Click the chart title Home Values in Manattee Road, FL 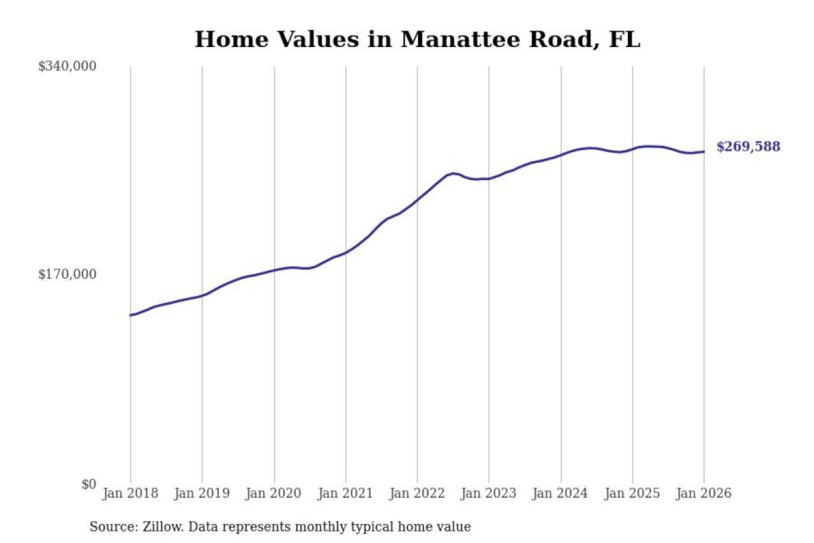tap(417, 40)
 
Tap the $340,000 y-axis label tap(67, 66)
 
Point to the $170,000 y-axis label tap(67, 274)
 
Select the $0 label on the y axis tap(89, 484)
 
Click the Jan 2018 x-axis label tap(130, 493)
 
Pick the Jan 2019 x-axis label tap(202, 493)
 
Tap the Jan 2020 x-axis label tap(274, 493)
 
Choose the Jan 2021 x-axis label tap(345, 493)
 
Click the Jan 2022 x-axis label tap(417, 493)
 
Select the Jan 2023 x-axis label tap(489, 493)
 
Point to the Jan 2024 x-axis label tap(560, 493)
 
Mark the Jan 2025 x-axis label tap(632, 493)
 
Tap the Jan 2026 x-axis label tap(704, 493)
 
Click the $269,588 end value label tap(748, 146)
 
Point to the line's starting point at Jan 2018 tap(131, 315)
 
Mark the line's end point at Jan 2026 tap(704, 152)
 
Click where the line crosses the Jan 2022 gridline tap(418, 199)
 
